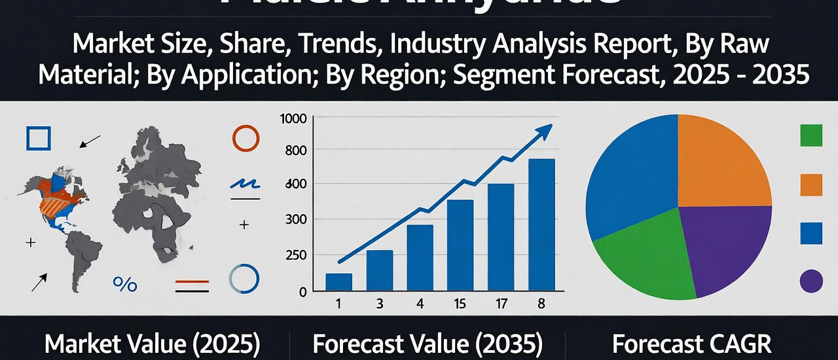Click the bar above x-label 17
point(501,237)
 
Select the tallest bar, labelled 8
point(541,225)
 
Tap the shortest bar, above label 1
point(338,281)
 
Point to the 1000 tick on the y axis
point(293,119)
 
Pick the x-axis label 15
point(460,304)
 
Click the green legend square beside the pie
point(811,135)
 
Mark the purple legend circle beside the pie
point(811,281)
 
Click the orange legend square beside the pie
point(811,185)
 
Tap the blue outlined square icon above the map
point(38,138)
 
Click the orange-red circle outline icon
point(246,138)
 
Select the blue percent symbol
point(124,283)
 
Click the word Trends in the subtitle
point(289,45)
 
